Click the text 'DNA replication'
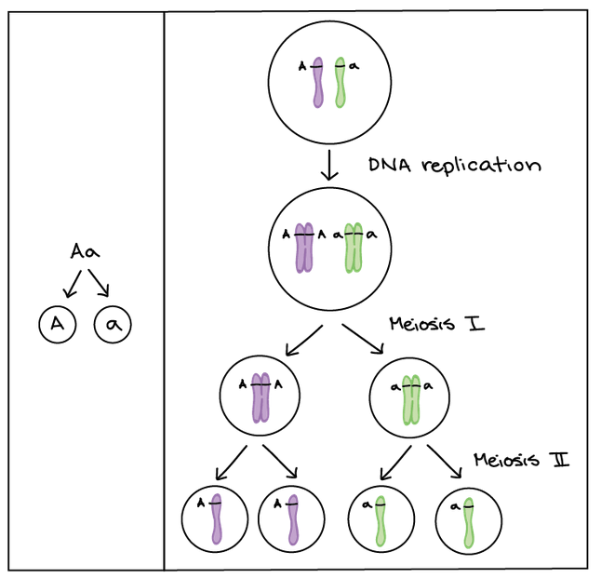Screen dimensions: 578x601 tap(455, 166)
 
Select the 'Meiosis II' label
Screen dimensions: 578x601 tap(520, 460)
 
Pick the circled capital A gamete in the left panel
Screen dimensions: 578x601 tap(58, 325)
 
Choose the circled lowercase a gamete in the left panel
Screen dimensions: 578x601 tap(114, 325)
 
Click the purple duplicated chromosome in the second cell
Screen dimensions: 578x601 tap(303, 247)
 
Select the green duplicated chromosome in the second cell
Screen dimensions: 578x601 tap(353, 247)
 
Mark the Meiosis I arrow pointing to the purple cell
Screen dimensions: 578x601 tap(303, 342)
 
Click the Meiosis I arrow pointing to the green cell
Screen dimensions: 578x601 tap(363, 340)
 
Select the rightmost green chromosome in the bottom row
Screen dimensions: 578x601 tap(469, 520)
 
